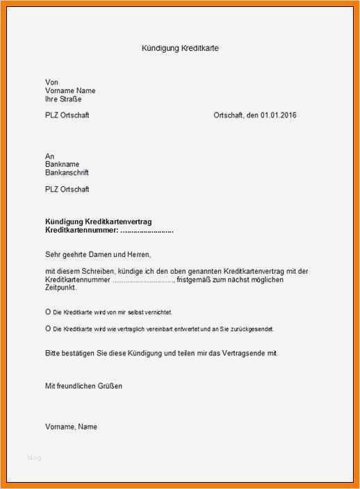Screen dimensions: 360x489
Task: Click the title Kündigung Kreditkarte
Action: coord(180,49)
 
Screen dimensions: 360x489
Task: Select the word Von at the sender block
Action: coord(51,82)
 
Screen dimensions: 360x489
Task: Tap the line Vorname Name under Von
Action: coord(70,91)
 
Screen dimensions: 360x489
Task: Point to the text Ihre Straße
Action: coord(62,99)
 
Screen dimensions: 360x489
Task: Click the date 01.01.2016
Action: coord(279,115)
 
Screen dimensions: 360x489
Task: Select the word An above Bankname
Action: coord(49,156)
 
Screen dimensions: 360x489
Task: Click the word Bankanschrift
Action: coord(67,173)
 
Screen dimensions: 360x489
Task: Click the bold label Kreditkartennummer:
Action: coord(77,229)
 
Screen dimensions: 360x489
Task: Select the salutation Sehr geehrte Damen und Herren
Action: coord(98,254)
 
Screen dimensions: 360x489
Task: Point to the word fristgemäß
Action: coord(196,279)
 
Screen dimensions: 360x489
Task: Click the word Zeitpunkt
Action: coord(61,287)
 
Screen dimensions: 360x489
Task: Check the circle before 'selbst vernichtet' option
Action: coord(48,312)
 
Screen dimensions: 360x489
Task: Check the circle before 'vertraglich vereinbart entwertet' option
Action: coord(48,328)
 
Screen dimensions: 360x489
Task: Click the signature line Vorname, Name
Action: coord(71,426)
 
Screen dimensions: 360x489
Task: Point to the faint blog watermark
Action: coord(35,458)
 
